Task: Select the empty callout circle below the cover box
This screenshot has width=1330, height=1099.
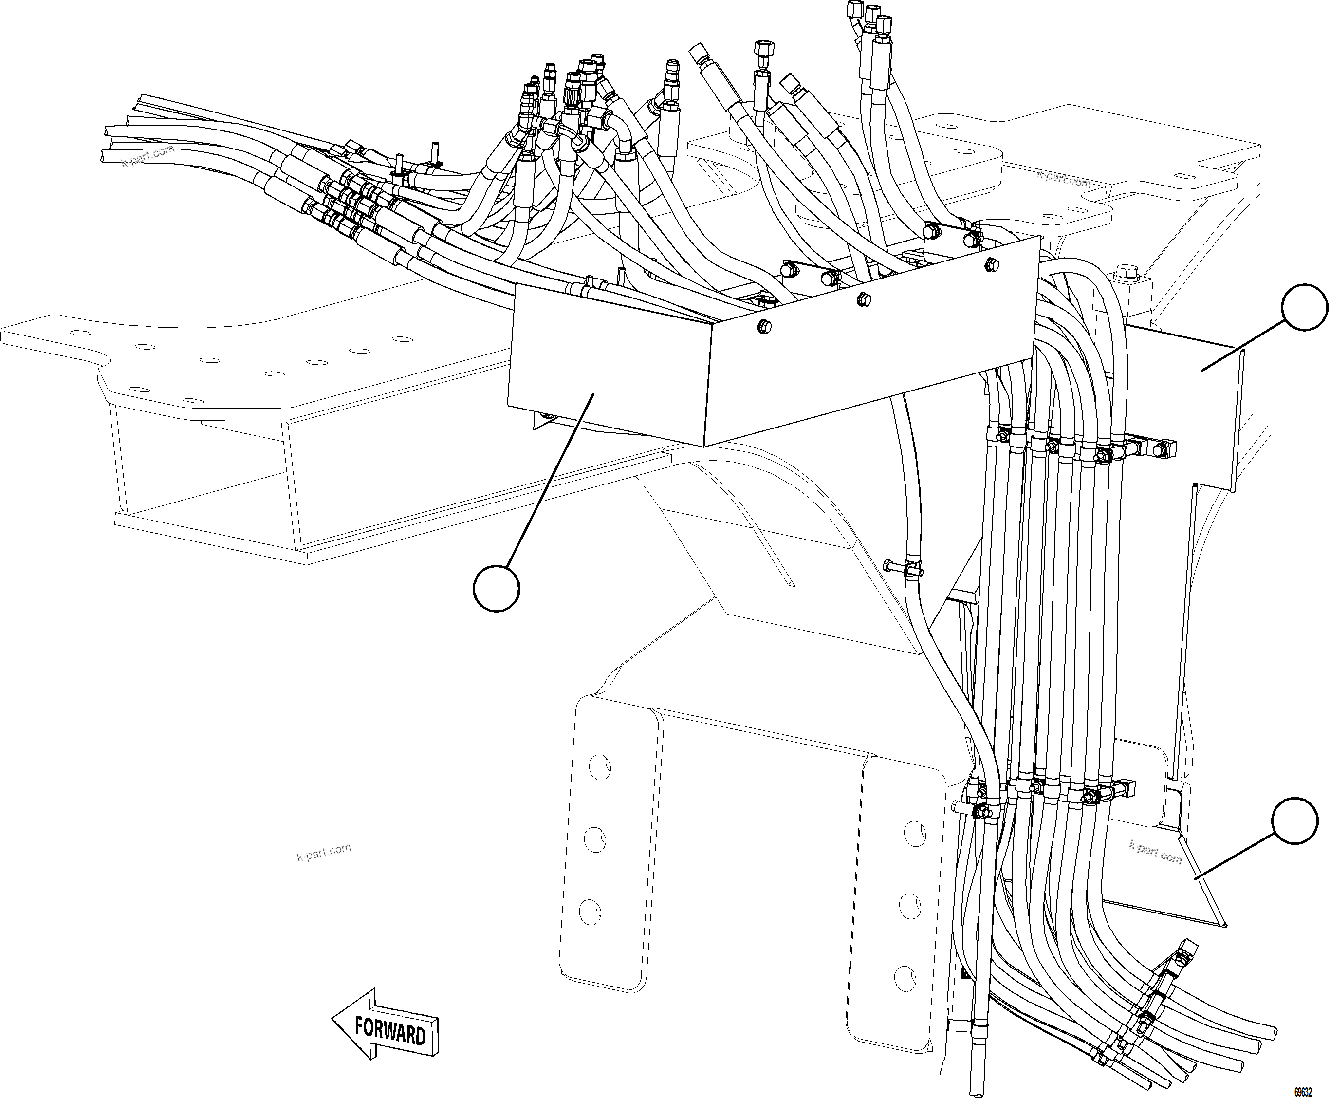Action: (x=496, y=589)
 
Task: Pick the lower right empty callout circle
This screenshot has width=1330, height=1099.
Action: (x=1295, y=821)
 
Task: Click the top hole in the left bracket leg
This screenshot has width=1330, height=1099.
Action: (x=599, y=767)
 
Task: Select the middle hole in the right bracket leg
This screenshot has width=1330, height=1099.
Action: (x=910, y=906)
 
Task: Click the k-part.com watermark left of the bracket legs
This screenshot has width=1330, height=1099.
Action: (x=323, y=852)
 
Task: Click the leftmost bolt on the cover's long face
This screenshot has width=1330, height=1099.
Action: (x=764, y=326)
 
